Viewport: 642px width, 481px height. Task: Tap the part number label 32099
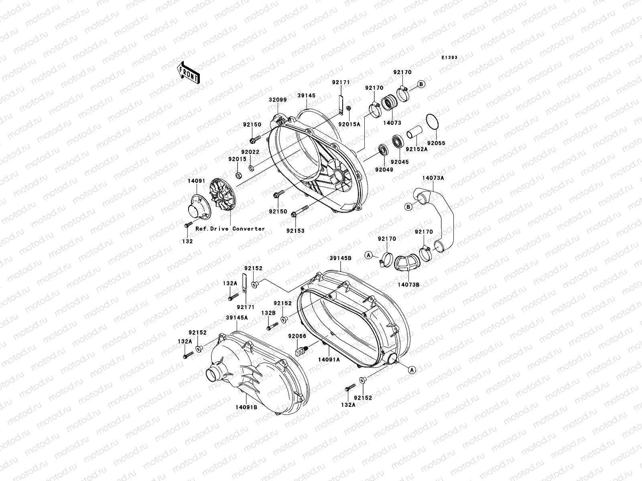pyautogui.click(x=278, y=100)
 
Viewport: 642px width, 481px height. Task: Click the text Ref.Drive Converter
pyautogui.click(x=230, y=229)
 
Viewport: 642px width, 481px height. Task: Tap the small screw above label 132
pyautogui.click(x=187, y=226)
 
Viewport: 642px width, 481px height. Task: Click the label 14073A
pyautogui.click(x=433, y=178)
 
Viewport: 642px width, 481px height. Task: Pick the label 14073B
pyautogui.click(x=408, y=285)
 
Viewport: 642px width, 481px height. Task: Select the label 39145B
pyautogui.click(x=341, y=259)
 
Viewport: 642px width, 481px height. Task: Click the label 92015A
pyautogui.click(x=349, y=124)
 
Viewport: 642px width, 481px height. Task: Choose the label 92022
pyautogui.click(x=250, y=152)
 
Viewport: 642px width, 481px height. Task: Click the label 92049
pyautogui.click(x=384, y=170)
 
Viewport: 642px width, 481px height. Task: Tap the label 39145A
pyautogui.click(x=237, y=317)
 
